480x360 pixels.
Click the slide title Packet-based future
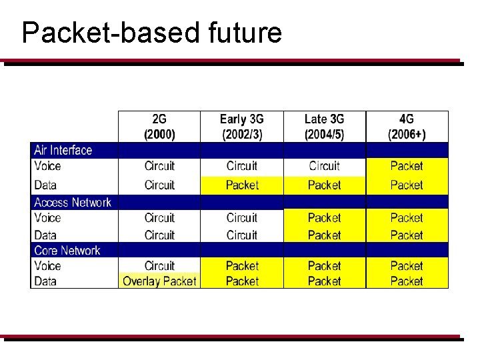(151, 32)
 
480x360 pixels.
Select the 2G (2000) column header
(159, 127)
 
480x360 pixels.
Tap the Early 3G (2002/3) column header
(241, 127)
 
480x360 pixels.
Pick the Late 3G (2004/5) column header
(324, 127)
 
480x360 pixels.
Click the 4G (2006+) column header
(407, 127)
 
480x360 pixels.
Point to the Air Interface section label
(63, 150)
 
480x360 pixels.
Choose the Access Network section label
(72, 202)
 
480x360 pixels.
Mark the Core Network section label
(67, 251)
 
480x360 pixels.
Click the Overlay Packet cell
(159, 281)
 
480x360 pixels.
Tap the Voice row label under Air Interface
(47, 166)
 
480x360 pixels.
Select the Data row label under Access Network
(45, 235)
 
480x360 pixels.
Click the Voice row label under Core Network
(47, 265)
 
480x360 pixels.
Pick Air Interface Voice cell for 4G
(407, 166)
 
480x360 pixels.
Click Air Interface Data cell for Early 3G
(242, 185)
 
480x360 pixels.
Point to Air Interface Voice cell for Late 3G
(324, 166)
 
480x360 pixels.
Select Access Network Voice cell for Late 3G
(324, 218)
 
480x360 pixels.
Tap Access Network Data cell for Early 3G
(241, 235)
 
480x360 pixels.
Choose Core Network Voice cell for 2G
(159, 265)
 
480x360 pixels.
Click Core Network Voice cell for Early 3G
(242, 265)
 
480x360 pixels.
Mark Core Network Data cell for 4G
(407, 281)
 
